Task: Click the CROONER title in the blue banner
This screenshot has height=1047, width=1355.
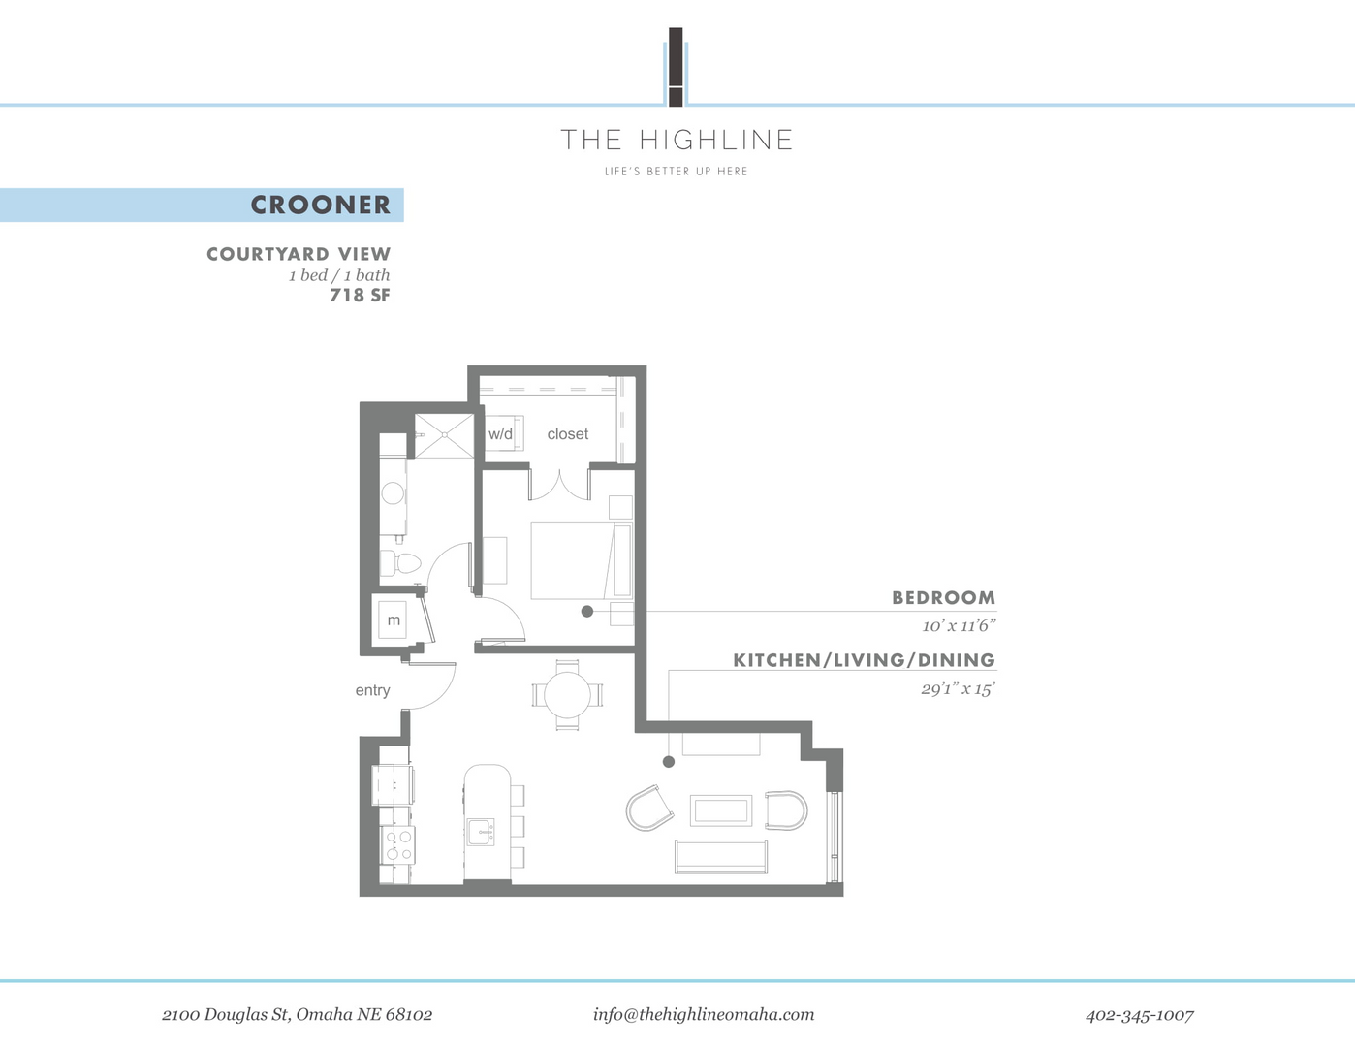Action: click(x=320, y=205)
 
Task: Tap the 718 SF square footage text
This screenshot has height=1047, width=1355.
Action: click(x=360, y=296)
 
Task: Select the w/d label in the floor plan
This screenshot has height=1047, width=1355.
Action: click(x=500, y=434)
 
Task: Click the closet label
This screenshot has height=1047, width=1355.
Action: click(x=567, y=434)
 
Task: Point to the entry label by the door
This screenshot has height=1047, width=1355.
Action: click(x=372, y=690)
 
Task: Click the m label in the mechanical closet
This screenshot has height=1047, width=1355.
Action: click(x=394, y=620)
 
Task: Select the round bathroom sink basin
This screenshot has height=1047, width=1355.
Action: click(x=393, y=493)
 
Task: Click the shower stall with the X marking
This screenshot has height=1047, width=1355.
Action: click(x=443, y=435)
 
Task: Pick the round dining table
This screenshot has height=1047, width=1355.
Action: click(x=567, y=694)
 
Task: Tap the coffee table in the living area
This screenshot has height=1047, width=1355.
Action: click(x=721, y=809)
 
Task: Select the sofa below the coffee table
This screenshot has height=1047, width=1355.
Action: click(x=721, y=856)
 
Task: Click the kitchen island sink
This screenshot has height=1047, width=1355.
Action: click(x=481, y=832)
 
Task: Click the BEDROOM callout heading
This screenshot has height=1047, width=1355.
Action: click(x=943, y=598)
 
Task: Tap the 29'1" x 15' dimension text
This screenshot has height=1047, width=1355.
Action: click(x=958, y=690)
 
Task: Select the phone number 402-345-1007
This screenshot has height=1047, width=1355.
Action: click(x=1139, y=1015)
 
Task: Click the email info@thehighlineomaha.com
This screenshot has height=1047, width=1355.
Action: click(x=704, y=1014)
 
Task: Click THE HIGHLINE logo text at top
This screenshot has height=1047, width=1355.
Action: click(x=677, y=141)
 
